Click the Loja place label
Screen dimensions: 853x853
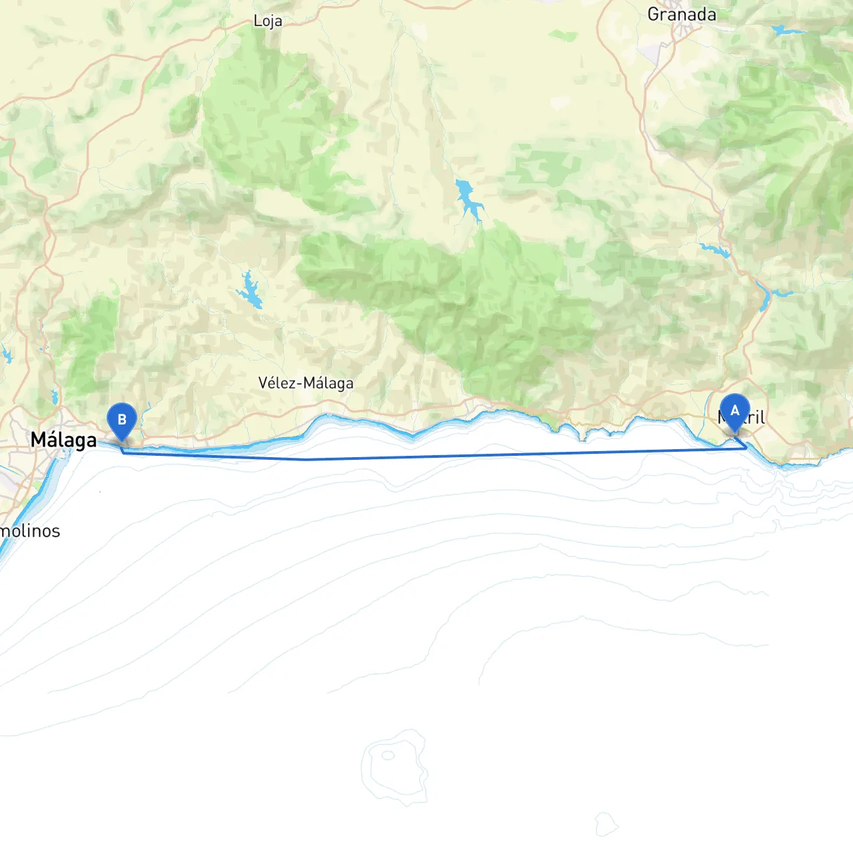coord(268,21)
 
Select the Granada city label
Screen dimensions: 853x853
coord(682,15)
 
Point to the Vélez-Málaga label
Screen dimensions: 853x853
coord(306,383)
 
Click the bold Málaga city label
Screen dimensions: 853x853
coord(64,440)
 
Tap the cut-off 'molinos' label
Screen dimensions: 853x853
coord(30,531)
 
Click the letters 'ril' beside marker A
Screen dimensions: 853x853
coord(756,418)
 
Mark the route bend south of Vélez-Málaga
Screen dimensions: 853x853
coord(306,459)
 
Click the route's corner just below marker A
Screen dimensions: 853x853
coord(746,448)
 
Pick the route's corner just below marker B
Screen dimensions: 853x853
coord(123,452)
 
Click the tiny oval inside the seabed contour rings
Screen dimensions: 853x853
coord(388,755)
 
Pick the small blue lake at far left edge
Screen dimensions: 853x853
coord(7,355)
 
